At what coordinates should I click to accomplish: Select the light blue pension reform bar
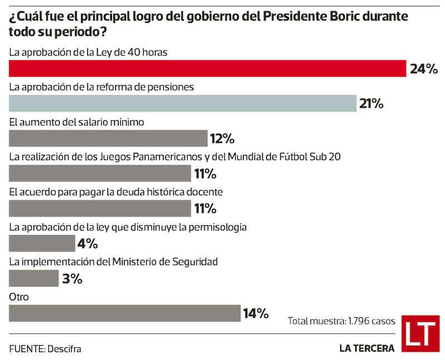[182, 103]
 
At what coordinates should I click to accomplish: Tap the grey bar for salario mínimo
[108, 138]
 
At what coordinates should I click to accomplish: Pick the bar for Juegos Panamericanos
[100, 174]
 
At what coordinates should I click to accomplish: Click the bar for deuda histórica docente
[100, 209]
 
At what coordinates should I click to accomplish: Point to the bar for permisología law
[42, 243]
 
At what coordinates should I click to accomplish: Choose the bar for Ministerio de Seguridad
[34, 278]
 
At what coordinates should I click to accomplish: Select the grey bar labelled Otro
[125, 313]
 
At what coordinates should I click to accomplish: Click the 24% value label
[424, 69]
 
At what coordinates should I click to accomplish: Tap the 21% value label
[371, 103]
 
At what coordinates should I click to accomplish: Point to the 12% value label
[222, 138]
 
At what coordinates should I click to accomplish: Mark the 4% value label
[88, 243]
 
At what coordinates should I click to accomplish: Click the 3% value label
[72, 278]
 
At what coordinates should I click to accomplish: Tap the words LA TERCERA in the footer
[367, 348]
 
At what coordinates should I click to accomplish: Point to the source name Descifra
[65, 349]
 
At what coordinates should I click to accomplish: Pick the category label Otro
[19, 297]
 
